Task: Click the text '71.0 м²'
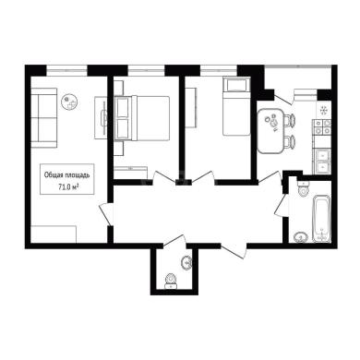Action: click(67, 186)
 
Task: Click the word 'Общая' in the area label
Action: click(52, 175)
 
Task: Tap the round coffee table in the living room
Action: click(69, 102)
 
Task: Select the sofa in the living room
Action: click(44, 117)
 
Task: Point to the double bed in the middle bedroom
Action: click(142, 118)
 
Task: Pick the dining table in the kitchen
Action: click(270, 131)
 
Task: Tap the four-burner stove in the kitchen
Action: click(322, 127)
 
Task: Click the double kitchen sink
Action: click(322, 162)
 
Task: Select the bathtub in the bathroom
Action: click(321, 218)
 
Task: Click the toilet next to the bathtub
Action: click(303, 189)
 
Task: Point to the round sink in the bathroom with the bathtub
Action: click(301, 237)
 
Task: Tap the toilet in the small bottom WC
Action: click(171, 281)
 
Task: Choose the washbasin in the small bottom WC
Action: click(186, 262)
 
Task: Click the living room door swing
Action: click(105, 214)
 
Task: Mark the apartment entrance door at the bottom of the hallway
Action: click(234, 251)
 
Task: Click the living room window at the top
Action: click(67, 70)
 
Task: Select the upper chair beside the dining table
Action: click(289, 120)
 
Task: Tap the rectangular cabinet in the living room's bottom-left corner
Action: click(54, 234)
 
